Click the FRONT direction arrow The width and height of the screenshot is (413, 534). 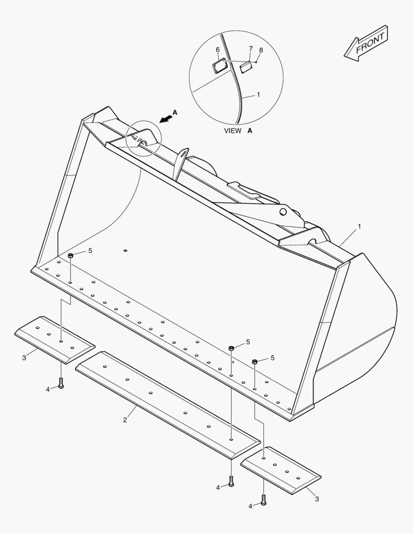[x=367, y=44]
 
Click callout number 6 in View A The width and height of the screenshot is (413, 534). [x=218, y=50]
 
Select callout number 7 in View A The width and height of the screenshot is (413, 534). [x=251, y=49]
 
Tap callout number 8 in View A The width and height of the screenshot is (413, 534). [x=261, y=50]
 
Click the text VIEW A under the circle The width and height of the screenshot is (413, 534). [x=238, y=131]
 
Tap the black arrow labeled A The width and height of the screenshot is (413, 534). [x=167, y=117]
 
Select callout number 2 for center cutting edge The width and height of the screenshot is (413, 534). [x=125, y=420]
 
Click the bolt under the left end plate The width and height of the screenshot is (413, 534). [x=61, y=383]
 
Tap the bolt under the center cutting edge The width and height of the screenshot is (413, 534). [x=230, y=480]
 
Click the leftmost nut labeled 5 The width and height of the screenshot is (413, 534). [x=71, y=256]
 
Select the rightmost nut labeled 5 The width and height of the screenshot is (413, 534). [x=255, y=361]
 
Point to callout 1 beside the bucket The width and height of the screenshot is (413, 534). [x=359, y=226]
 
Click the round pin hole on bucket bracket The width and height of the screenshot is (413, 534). [x=283, y=212]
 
